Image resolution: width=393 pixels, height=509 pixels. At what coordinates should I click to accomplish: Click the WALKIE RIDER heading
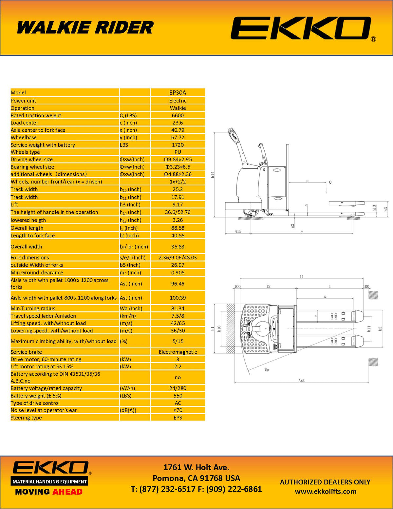(85, 28)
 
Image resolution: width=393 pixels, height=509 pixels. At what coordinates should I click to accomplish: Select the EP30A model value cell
(178, 93)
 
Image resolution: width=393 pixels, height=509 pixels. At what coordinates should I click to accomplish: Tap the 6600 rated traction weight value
(178, 115)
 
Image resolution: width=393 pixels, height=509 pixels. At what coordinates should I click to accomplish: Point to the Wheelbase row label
(24, 138)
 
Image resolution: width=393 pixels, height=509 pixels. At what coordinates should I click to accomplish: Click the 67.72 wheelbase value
(178, 138)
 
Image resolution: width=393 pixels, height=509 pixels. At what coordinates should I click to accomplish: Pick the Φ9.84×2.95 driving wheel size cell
(178, 160)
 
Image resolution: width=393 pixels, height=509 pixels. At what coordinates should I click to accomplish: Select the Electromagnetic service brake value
(178, 352)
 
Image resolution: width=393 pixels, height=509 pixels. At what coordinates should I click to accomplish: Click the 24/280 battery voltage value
(178, 388)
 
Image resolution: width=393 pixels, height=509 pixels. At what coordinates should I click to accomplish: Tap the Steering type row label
(26, 418)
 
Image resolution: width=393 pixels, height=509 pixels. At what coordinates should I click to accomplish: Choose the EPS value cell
(178, 418)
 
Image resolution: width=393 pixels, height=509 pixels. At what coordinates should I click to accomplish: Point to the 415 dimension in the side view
(238, 231)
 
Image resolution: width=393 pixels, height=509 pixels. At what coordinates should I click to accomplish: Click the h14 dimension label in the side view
(213, 175)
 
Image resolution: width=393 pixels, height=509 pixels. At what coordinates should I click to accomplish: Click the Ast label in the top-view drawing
(301, 381)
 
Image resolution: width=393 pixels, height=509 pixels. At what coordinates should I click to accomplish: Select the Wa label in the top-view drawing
(267, 370)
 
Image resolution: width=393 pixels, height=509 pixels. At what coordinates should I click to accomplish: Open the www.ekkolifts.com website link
(326, 492)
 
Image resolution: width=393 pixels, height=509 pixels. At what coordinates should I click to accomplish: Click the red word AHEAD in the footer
(67, 492)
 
